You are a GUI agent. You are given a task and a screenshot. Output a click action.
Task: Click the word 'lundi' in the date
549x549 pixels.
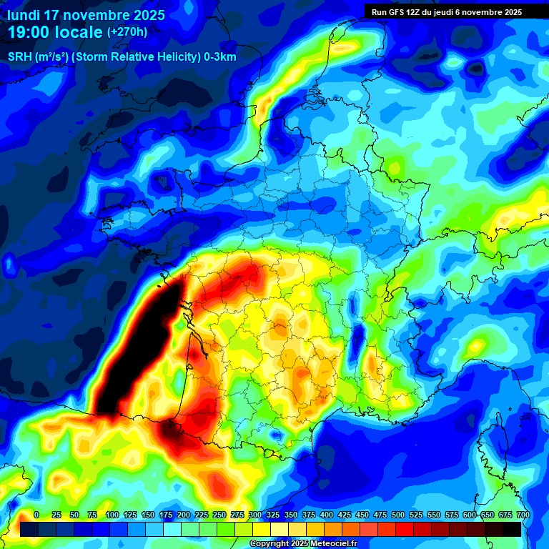(24, 15)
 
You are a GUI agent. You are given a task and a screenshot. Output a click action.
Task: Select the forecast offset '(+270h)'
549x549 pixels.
(127, 31)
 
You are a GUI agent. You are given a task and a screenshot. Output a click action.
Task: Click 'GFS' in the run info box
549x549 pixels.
(399, 12)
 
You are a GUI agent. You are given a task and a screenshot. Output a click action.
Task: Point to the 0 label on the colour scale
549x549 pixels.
(36, 515)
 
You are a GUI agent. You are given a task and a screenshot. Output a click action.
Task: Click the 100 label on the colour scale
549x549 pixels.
(112, 515)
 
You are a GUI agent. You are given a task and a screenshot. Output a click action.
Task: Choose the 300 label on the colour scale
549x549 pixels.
(254, 515)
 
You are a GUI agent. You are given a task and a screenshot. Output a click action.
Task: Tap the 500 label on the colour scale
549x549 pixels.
(397, 515)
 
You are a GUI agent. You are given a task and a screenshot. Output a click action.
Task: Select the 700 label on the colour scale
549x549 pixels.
(523, 515)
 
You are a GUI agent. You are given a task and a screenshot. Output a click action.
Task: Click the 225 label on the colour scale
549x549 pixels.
(201, 515)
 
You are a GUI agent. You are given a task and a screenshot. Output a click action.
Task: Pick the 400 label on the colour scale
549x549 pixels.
(326, 515)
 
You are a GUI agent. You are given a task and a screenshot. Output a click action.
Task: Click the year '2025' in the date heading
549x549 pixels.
(145, 15)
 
